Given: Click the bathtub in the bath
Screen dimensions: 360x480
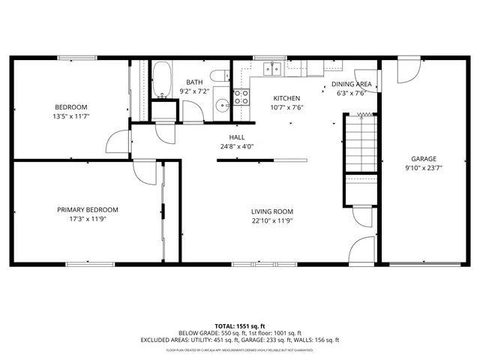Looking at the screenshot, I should coord(161,80).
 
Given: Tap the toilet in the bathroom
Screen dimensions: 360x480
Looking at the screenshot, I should coord(218,76).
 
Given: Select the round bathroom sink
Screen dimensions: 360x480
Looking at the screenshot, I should coord(222,104).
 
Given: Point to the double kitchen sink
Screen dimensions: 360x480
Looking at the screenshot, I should coord(273,68).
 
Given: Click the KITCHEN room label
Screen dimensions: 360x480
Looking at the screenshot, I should coord(286,98).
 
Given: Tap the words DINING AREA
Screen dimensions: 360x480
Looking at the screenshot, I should coord(352,84).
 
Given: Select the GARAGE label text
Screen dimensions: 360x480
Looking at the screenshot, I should coord(423,159).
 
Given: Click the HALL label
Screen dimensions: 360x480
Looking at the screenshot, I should coord(237,137).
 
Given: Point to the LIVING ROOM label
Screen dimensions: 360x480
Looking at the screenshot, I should coord(271,211).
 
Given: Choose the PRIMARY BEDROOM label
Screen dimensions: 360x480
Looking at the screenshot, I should coord(88,210).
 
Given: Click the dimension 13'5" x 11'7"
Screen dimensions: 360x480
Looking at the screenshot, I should coord(70,116).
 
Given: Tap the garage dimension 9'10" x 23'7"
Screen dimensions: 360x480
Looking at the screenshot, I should coord(423,169).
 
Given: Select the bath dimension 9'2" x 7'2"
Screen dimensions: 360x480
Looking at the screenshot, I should coord(195,91).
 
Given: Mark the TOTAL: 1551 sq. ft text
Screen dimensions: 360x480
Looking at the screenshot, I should coord(240,325).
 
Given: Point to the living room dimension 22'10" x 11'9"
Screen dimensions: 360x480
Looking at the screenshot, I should coord(271,221).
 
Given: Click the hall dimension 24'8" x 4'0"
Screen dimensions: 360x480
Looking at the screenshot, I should coord(237,147).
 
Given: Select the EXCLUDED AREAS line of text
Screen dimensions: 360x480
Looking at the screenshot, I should coord(240,340).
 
